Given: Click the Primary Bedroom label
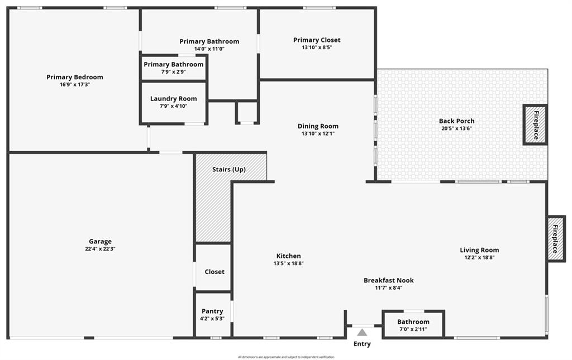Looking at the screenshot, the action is tap(75, 77).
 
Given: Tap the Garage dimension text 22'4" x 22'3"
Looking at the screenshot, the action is tap(101, 249).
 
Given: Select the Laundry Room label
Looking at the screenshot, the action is tap(173, 99).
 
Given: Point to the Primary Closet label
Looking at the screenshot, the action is tap(317, 40).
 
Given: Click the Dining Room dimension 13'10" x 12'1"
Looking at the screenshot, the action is tap(318, 134).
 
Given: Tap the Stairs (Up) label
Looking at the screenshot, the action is tap(229, 170).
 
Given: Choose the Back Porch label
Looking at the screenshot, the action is tap(457, 121).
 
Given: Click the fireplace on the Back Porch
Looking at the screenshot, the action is tap(535, 125).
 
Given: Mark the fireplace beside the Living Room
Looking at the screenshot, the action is tap(556, 239).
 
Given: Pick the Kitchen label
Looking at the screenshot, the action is tap(289, 256).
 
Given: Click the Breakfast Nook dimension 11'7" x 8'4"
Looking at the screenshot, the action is tap(389, 288).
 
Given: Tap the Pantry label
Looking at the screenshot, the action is tap(212, 311).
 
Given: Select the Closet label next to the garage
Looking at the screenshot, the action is tap(214, 272).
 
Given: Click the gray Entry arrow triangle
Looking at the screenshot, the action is tap(362, 332).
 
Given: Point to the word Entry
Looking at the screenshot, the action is tap(362, 344).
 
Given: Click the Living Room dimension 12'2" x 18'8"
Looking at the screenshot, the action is tap(479, 258).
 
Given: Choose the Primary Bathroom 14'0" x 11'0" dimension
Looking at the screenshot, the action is tap(209, 49).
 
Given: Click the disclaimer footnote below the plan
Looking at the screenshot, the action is tap(286, 357).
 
